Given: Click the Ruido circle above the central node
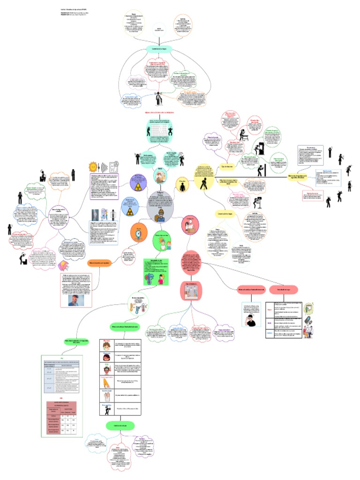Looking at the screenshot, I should pyautogui.click(x=161, y=175).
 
